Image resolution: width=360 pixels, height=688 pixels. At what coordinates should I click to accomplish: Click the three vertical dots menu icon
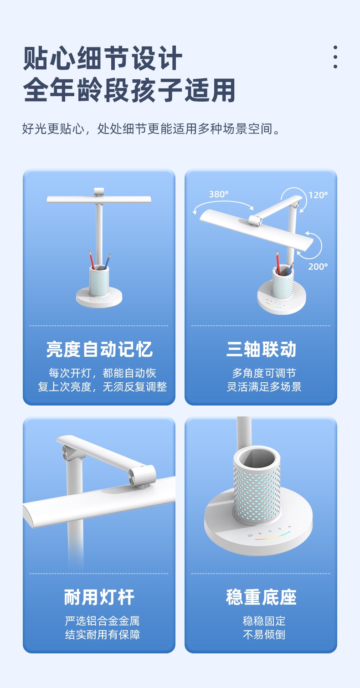(x=335, y=57)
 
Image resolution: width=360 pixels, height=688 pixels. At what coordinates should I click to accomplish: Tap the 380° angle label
(x=219, y=194)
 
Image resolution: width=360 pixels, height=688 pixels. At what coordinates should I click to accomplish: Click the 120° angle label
(x=318, y=195)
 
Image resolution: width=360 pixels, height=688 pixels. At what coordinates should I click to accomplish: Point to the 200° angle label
(x=318, y=267)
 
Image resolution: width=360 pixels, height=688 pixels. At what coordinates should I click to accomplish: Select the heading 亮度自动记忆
(x=99, y=349)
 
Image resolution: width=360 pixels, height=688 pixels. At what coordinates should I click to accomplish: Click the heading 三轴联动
(x=261, y=349)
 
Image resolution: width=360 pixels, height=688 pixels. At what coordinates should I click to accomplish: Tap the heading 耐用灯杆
(x=99, y=597)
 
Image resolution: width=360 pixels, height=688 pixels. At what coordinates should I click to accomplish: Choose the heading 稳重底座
(x=261, y=597)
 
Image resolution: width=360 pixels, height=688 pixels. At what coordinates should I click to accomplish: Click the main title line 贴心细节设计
(x=103, y=58)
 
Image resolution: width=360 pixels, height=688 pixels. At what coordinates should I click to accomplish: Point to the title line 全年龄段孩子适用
(x=129, y=90)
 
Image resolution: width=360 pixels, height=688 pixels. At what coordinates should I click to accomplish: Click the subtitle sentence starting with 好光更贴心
(x=151, y=128)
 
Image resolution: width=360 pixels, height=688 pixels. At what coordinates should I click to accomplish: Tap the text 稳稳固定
(x=264, y=621)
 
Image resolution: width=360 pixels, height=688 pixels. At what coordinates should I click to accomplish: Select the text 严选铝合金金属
(x=102, y=621)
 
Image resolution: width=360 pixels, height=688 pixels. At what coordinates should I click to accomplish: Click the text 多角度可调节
(x=264, y=373)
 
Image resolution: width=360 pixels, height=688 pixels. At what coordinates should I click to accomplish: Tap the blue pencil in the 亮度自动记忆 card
(x=107, y=262)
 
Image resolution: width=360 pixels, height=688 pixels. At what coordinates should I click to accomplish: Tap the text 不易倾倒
(x=264, y=635)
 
